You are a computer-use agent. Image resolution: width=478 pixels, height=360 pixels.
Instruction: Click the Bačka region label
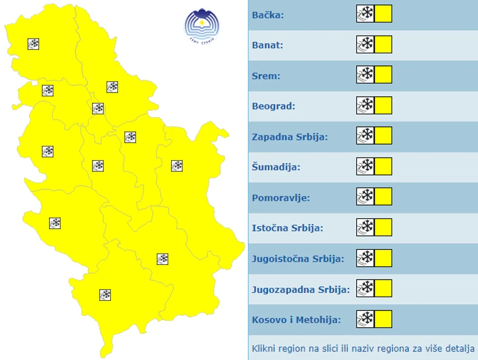(x=267, y=15)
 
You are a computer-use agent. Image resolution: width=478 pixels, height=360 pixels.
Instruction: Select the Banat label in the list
(x=267, y=45)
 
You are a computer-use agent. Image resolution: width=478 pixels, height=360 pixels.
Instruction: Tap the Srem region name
(x=265, y=76)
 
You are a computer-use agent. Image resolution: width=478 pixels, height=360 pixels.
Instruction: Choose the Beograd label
(x=273, y=106)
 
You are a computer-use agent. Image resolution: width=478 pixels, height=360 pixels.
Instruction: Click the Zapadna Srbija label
(x=290, y=137)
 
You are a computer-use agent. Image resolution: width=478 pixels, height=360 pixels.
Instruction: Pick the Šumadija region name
(x=276, y=167)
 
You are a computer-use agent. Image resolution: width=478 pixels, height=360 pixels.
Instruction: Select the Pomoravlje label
(x=281, y=197)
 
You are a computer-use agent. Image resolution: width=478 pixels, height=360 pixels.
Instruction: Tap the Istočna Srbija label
(x=287, y=228)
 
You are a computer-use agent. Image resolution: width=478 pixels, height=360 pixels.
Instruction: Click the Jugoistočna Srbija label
(x=298, y=258)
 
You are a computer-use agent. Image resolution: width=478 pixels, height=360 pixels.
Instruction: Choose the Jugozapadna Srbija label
(x=301, y=289)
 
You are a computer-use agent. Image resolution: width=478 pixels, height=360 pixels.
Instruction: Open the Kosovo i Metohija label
(x=296, y=319)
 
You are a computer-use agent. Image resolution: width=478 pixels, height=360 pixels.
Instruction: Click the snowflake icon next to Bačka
(x=365, y=14)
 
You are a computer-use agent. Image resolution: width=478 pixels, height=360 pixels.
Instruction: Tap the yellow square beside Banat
(x=383, y=44)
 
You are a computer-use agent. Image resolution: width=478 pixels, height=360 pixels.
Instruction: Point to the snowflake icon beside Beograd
(x=365, y=105)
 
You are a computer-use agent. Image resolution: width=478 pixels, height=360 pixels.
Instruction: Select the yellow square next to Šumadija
(x=383, y=166)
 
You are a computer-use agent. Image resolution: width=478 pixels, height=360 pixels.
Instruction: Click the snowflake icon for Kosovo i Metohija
(x=365, y=319)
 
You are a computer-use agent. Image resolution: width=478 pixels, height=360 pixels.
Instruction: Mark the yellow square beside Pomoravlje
(x=383, y=197)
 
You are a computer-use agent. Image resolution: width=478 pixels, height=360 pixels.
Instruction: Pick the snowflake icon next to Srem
(x=365, y=75)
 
